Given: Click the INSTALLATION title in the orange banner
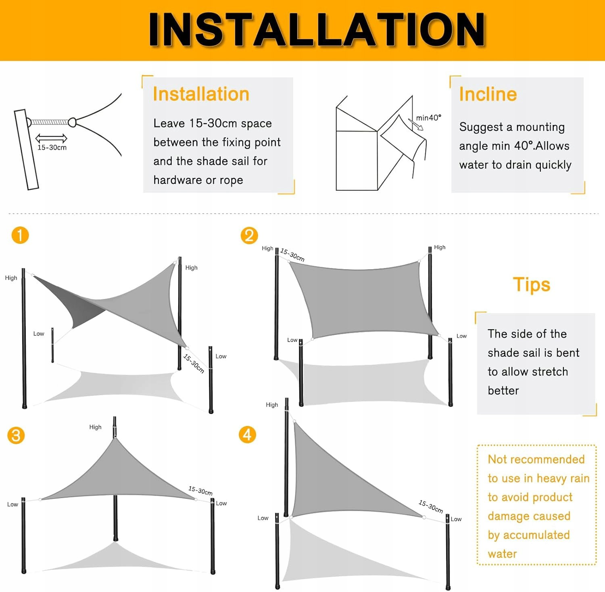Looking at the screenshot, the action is (x=317, y=29).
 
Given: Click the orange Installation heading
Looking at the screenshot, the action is (x=201, y=94).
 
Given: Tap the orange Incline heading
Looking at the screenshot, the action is (x=488, y=94).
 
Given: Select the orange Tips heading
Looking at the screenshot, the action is (x=532, y=285).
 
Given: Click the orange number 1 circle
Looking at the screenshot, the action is (x=20, y=235).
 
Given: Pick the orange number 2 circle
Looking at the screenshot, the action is (x=249, y=235).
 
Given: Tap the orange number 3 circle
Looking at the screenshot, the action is (x=16, y=435).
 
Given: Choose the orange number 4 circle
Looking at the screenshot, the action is (x=247, y=434).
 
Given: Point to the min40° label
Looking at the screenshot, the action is (x=429, y=118).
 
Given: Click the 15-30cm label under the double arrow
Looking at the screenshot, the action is (x=52, y=147).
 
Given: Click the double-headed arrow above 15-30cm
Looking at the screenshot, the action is (x=51, y=138).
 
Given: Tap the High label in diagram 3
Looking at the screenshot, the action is (x=95, y=427).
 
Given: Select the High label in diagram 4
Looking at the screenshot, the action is (x=272, y=405).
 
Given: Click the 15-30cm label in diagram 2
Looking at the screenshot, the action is (x=292, y=255).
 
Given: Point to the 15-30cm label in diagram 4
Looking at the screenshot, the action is (x=431, y=507).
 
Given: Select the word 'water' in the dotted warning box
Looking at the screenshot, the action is (x=502, y=554).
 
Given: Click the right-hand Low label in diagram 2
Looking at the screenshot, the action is (x=461, y=336).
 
